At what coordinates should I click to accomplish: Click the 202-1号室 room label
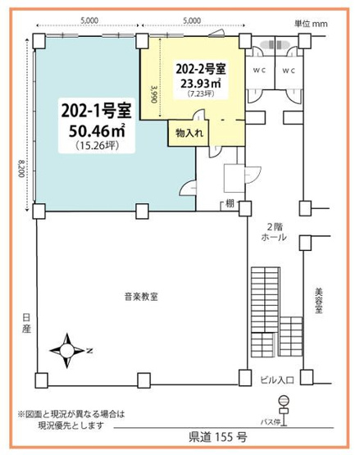94,109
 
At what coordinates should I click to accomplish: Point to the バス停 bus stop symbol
284,403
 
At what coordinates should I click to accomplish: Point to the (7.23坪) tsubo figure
204,95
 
